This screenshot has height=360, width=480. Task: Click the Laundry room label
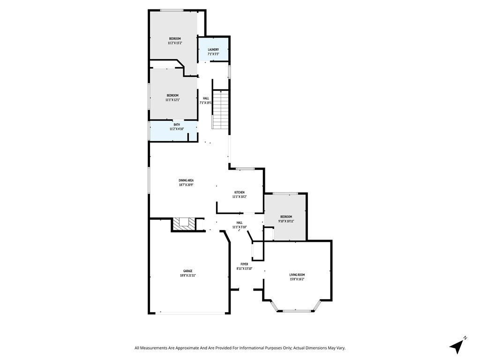pos(213,49)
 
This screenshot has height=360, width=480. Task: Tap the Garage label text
pos(187,271)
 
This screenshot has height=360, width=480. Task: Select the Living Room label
pos(297,275)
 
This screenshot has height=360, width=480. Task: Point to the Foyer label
pos(244,264)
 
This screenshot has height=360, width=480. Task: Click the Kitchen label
pos(240,192)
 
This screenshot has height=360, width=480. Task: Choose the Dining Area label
pos(186,180)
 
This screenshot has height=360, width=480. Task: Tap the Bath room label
pos(177,125)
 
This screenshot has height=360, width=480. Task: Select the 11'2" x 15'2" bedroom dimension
pos(175,43)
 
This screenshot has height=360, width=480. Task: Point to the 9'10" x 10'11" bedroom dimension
pos(286,221)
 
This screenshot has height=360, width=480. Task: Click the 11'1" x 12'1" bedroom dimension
pos(172,100)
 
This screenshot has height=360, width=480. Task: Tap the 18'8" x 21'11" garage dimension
pos(187,276)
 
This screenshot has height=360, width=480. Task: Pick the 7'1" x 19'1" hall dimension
pos(206,103)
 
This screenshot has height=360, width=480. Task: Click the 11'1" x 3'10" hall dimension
pos(240,227)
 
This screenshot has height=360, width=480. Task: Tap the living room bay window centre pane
pos(296,310)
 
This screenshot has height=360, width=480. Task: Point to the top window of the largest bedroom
pos(172,10)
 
